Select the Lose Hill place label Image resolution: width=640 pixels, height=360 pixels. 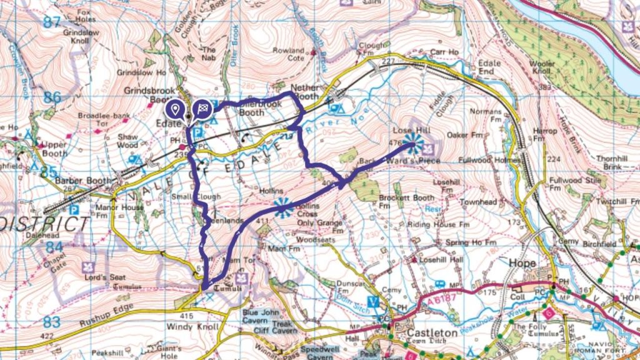pos(407,129)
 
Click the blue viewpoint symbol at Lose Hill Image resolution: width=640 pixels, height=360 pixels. pos(411,143)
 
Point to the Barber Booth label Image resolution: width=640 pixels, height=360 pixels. pos(76,181)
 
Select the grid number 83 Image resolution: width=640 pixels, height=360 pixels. pos(52,322)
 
